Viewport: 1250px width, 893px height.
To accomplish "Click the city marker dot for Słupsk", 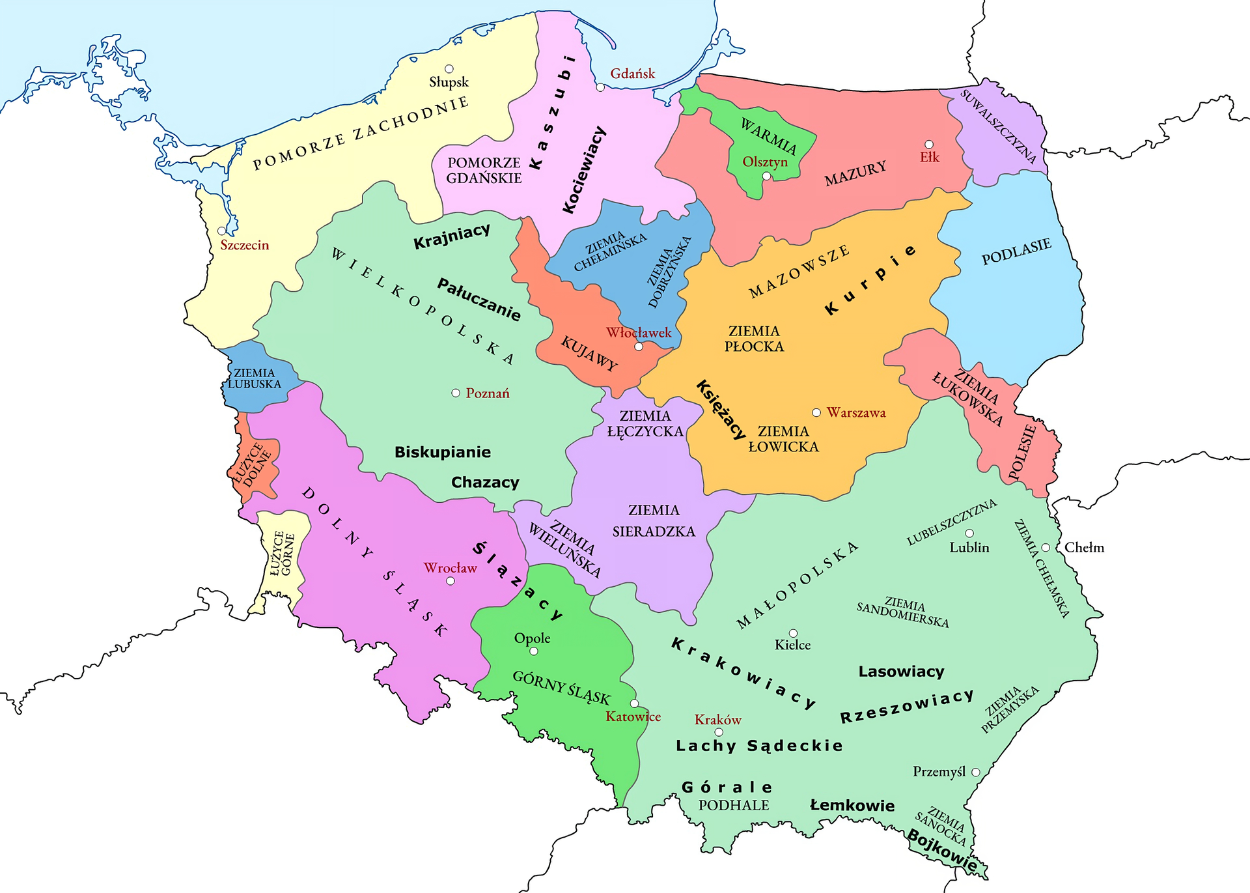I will tap(449, 68).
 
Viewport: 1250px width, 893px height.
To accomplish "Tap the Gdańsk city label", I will tap(632, 74).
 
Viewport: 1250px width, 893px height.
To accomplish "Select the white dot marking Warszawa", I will tap(816, 412).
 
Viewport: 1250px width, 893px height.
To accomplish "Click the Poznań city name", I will tap(488, 393).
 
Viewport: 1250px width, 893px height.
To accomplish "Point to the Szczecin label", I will tap(244, 245).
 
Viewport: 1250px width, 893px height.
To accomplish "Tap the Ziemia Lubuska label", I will tap(255, 378).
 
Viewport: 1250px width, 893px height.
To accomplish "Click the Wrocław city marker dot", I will tap(450, 580).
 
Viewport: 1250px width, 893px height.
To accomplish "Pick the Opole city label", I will tap(532, 638).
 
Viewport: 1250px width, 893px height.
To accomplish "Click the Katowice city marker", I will tap(635, 703).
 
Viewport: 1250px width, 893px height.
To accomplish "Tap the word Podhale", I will tap(734, 805).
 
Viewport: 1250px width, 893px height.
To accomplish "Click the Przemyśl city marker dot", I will tap(976, 772).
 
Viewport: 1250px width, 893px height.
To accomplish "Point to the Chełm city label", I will tap(1084, 548).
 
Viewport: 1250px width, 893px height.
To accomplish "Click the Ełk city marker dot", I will tap(929, 144).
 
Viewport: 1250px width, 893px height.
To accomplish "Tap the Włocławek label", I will tap(638, 333).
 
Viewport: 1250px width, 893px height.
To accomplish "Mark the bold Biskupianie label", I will tap(443, 452).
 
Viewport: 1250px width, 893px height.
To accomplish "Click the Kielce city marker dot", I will tap(793, 633).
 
